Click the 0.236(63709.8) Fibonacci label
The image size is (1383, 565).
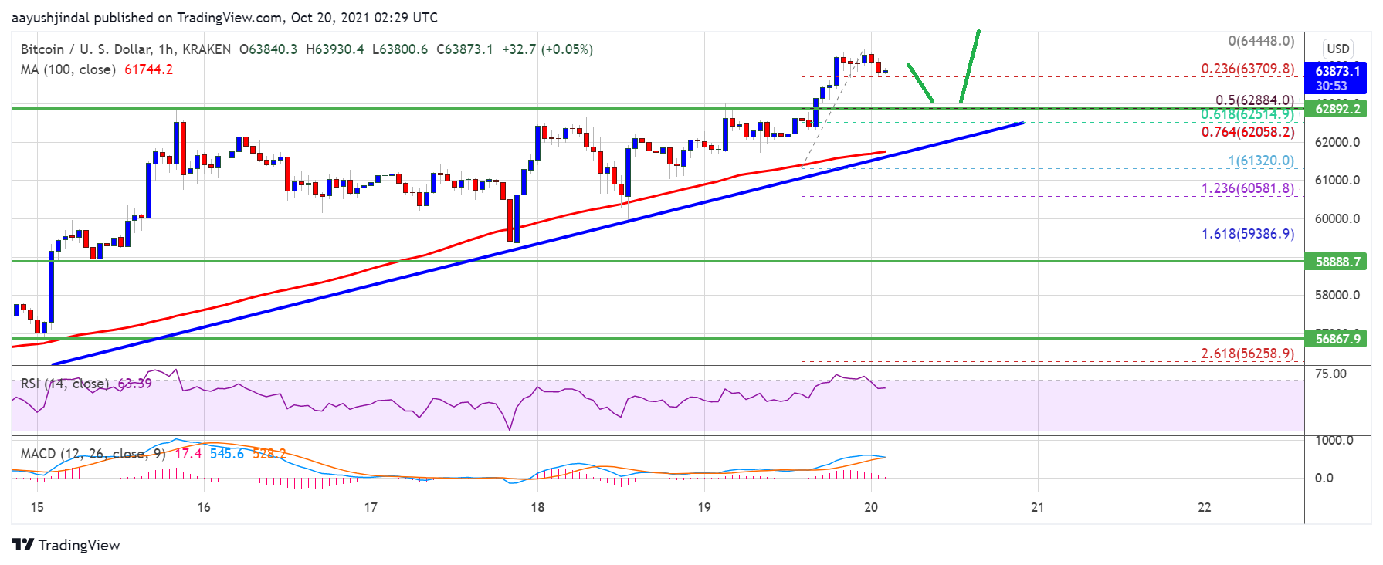click(x=1247, y=69)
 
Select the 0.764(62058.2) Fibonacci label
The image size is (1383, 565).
click(x=1247, y=132)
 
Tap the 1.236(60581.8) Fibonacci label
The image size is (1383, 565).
click(x=1247, y=188)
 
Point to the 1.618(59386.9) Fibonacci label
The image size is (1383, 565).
click(x=1247, y=234)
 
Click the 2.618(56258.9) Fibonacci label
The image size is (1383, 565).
click(x=1247, y=354)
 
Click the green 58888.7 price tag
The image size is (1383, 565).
click(x=1337, y=262)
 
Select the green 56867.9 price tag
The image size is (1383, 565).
click(x=1337, y=339)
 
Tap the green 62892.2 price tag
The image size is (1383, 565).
click(x=1337, y=109)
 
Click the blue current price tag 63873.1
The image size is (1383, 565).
click(x=1337, y=72)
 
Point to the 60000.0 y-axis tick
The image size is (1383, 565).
click(x=1337, y=218)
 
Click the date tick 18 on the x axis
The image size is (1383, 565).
click(x=537, y=507)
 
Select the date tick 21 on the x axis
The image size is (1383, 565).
click(x=1037, y=507)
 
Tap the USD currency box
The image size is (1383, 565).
click(x=1337, y=49)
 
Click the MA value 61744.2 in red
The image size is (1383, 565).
click(x=148, y=69)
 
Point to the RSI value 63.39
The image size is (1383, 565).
click(x=134, y=384)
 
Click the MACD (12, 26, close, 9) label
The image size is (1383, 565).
click(x=93, y=454)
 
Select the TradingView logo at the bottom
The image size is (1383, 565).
click(x=66, y=545)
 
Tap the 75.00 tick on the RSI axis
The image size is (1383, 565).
click(x=1330, y=374)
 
